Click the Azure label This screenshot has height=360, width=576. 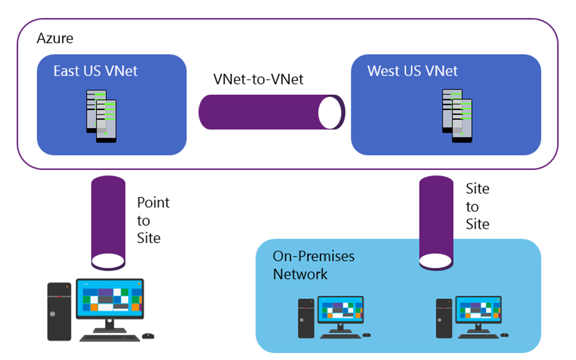[x=55, y=38]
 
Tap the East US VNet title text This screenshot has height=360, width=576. [x=96, y=71]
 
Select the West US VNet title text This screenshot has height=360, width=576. [x=412, y=71]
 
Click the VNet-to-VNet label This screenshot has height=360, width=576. [x=258, y=79]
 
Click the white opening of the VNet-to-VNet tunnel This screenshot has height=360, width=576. [x=330, y=112]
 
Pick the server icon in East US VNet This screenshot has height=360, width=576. [x=101, y=116]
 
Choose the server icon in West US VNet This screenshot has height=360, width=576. [x=457, y=116]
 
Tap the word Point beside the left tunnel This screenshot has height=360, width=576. [x=153, y=202]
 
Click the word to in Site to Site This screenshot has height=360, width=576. [x=472, y=207]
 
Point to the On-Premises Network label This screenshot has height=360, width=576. [x=314, y=265]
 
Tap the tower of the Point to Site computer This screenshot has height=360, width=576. [x=59, y=311]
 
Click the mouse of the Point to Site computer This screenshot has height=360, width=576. [x=148, y=336]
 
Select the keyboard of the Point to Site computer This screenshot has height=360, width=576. [x=110, y=337]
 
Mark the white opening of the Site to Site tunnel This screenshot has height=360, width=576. [x=435, y=261]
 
